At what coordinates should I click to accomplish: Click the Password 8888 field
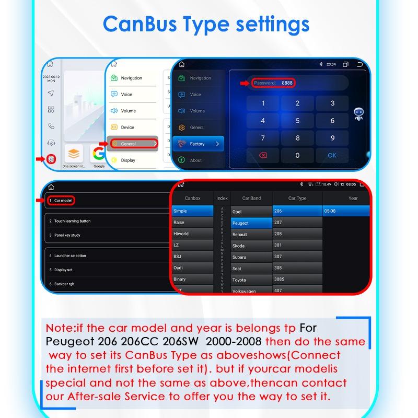[273, 83]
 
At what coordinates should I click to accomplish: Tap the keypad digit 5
[297, 121]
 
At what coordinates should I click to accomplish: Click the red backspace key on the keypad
[263, 155]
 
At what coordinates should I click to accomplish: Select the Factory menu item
[198, 144]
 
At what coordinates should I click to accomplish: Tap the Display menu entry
[128, 160]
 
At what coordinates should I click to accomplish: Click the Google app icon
[98, 154]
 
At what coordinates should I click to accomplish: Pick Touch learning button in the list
[73, 221]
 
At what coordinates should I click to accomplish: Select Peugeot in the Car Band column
[251, 223]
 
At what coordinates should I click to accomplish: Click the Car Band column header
[251, 198]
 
